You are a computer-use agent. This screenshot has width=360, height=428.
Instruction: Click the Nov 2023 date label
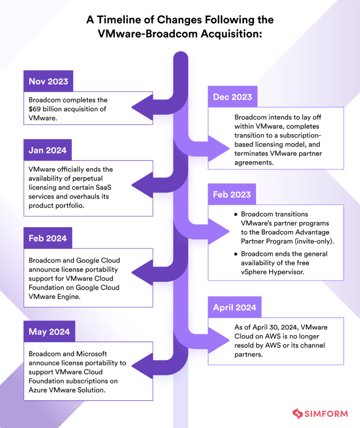coord(48,81)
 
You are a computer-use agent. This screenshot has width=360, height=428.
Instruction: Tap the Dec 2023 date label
coord(232,97)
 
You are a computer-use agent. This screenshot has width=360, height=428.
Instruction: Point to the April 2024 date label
coord(234,308)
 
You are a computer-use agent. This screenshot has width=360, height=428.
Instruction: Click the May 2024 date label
coord(49,331)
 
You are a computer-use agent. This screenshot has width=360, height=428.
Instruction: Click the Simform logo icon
coord(297,413)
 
